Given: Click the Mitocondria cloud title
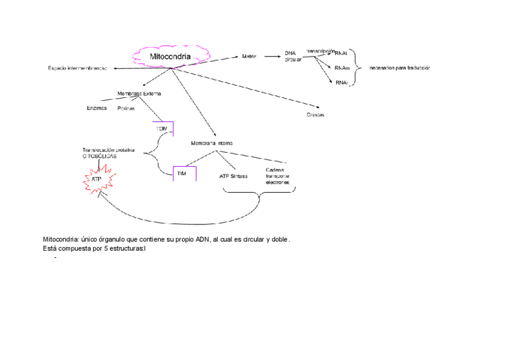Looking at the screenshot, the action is [x=170, y=57].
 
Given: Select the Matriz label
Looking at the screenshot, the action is [x=249, y=56].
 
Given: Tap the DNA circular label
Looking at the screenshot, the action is [x=293, y=56].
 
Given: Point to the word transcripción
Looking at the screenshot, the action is [x=319, y=52].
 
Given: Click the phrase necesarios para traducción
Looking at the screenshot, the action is [x=400, y=68].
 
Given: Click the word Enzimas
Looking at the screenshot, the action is [x=97, y=108].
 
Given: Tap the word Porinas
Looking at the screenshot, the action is [x=126, y=109].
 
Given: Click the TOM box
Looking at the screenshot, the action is [x=161, y=129].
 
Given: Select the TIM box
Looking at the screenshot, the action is [x=181, y=173].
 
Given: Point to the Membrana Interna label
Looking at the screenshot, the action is [x=211, y=143].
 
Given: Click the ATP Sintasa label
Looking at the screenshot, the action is [x=233, y=176].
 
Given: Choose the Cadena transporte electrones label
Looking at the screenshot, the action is [x=277, y=176].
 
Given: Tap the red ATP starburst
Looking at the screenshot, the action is [x=97, y=179].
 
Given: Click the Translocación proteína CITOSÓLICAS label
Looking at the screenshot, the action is [x=108, y=153].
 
